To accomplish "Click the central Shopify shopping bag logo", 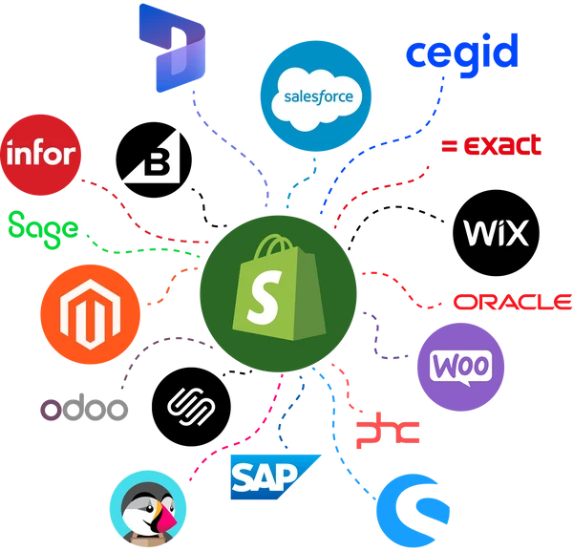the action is click(279, 293).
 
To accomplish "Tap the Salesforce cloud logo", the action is click(316, 95).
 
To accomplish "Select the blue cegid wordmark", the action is click(462, 54).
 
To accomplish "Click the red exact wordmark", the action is click(492, 145).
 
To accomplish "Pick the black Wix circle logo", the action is click(496, 233).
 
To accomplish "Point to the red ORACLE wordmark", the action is click(513, 302).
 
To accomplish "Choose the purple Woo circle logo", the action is click(461, 367).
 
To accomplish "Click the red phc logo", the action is click(388, 431).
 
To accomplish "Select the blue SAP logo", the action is click(276, 477).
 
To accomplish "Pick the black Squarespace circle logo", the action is click(191, 407).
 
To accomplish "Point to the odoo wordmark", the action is click(84, 407).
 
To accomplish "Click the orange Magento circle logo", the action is click(91, 314).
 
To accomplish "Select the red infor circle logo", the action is click(40, 155).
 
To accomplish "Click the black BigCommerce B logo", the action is click(154, 159).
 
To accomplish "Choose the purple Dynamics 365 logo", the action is click(172, 48).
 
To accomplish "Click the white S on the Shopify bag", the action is click(264, 297).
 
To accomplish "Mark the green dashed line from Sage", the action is click(142, 249).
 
